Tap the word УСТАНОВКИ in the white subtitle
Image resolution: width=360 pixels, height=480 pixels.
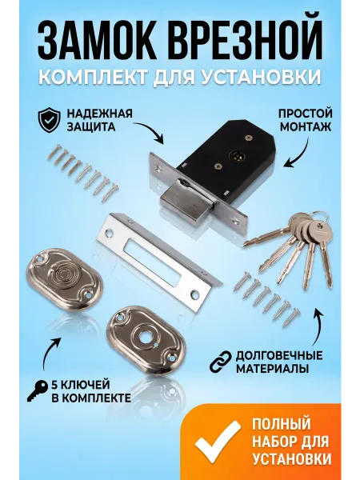(265, 76)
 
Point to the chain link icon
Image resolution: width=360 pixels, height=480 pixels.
(221, 362)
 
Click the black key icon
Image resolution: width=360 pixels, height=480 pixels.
(38, 390)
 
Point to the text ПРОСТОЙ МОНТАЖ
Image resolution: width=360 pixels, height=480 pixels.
(306, 120)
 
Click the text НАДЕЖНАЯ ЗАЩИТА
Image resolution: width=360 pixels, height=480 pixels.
(99, 120)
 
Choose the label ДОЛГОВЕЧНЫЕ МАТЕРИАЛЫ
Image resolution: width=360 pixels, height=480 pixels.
(279, 362)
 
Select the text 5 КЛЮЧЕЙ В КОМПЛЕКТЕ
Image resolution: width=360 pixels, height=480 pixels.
(91, 391)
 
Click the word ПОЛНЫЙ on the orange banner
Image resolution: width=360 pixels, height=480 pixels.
(282, 424)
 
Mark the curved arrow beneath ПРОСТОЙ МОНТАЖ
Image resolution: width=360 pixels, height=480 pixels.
(298, 153)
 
